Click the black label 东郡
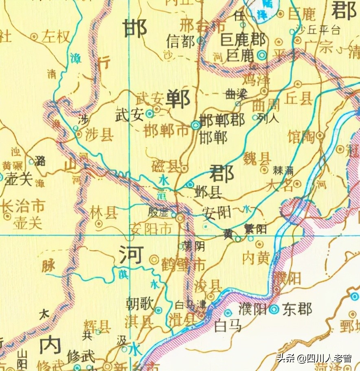299,309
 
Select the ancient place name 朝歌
139,303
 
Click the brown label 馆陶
301,137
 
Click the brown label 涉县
99,135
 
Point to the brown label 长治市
22,206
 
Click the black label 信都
181,41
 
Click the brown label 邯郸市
166,131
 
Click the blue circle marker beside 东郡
274,310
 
